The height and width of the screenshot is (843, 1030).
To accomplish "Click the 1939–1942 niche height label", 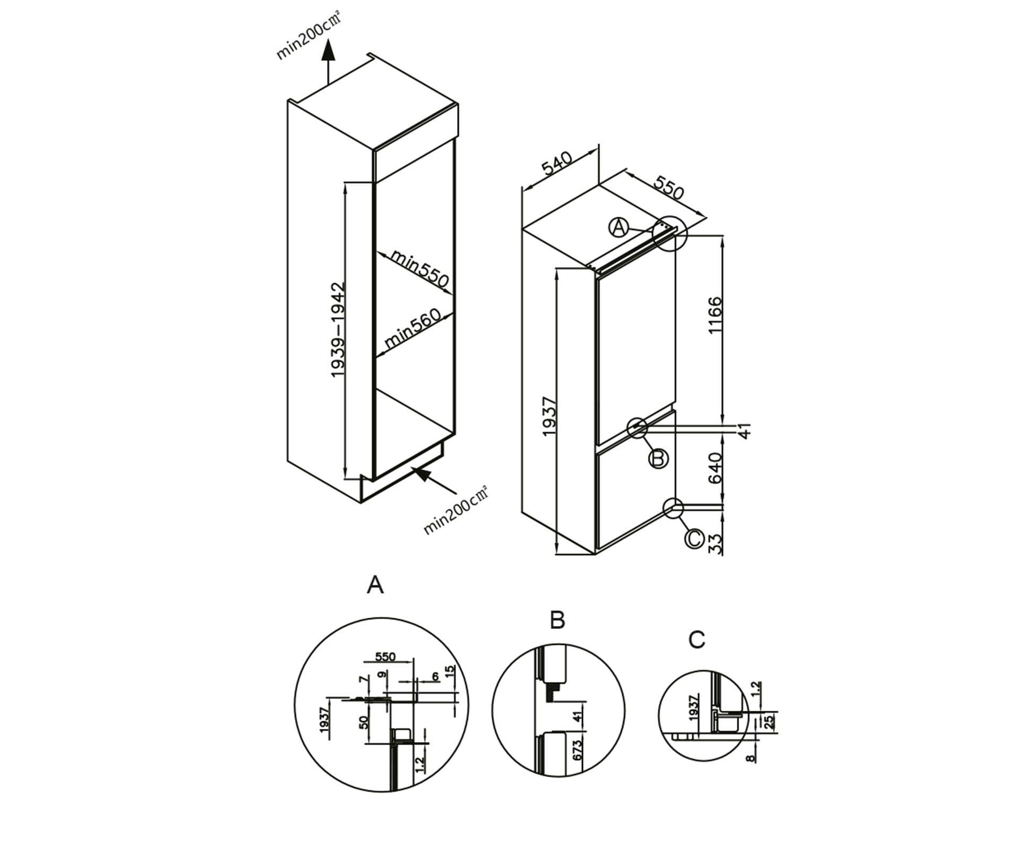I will pyautogui.click(x=338, y=329).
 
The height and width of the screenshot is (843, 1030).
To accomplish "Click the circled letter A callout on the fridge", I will pyautogui.click(x=618, y=228).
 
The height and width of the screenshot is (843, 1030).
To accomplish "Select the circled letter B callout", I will pyautogui.click(x=658, y=458).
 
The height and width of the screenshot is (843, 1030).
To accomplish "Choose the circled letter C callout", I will pyautogui.click(x=694, y=539).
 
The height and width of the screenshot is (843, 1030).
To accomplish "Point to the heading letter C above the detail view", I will pyautogui.click(x=697, y=640).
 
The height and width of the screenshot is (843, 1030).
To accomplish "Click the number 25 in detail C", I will pyautogui.click(x=768, y=721).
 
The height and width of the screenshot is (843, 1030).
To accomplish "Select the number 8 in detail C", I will pyautogui.click(x=750, y=757).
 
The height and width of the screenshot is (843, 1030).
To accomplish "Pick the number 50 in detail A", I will pyautogui.click(x=364, y=722).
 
